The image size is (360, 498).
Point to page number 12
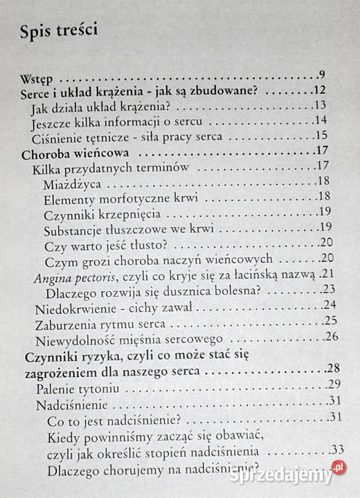[x=319, y=90]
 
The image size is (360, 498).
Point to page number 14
[x=320, y=120]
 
